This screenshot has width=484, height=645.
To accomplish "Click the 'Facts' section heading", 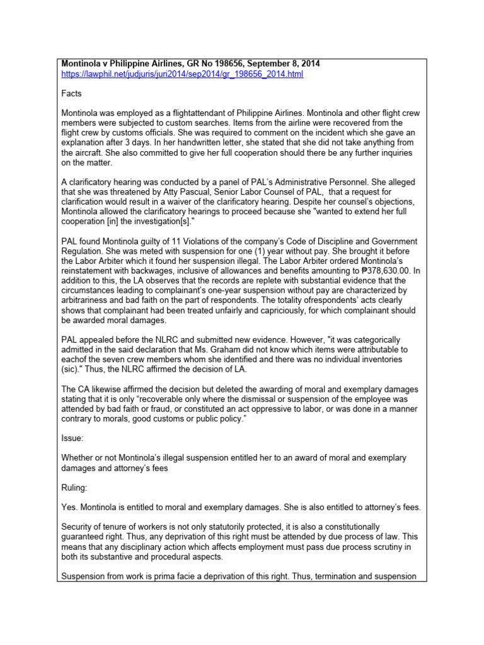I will click(x=72, y=93).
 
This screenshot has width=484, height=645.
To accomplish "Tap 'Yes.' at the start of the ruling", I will click(x=69, y=508).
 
